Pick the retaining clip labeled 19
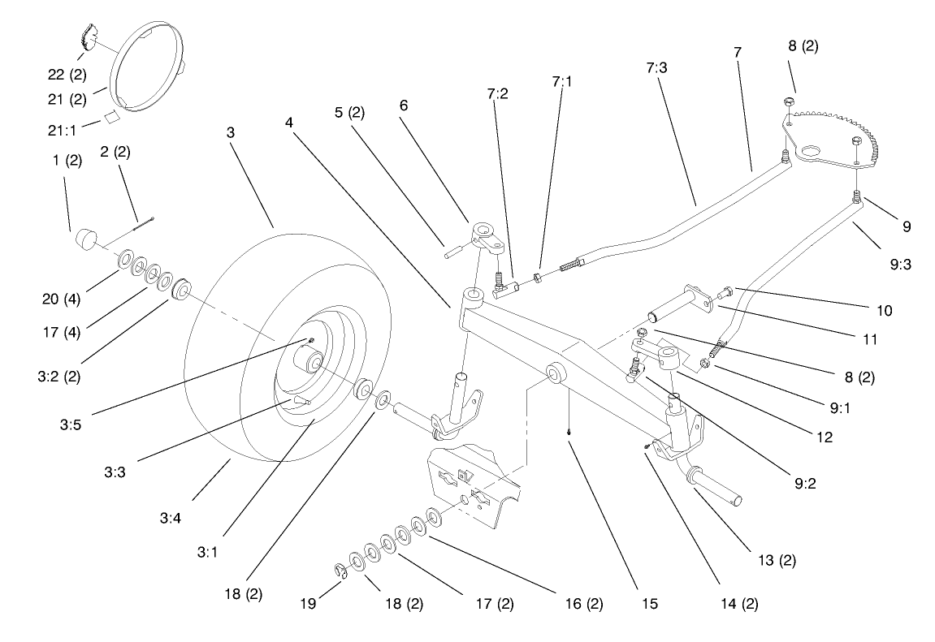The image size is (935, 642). point(342,572)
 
